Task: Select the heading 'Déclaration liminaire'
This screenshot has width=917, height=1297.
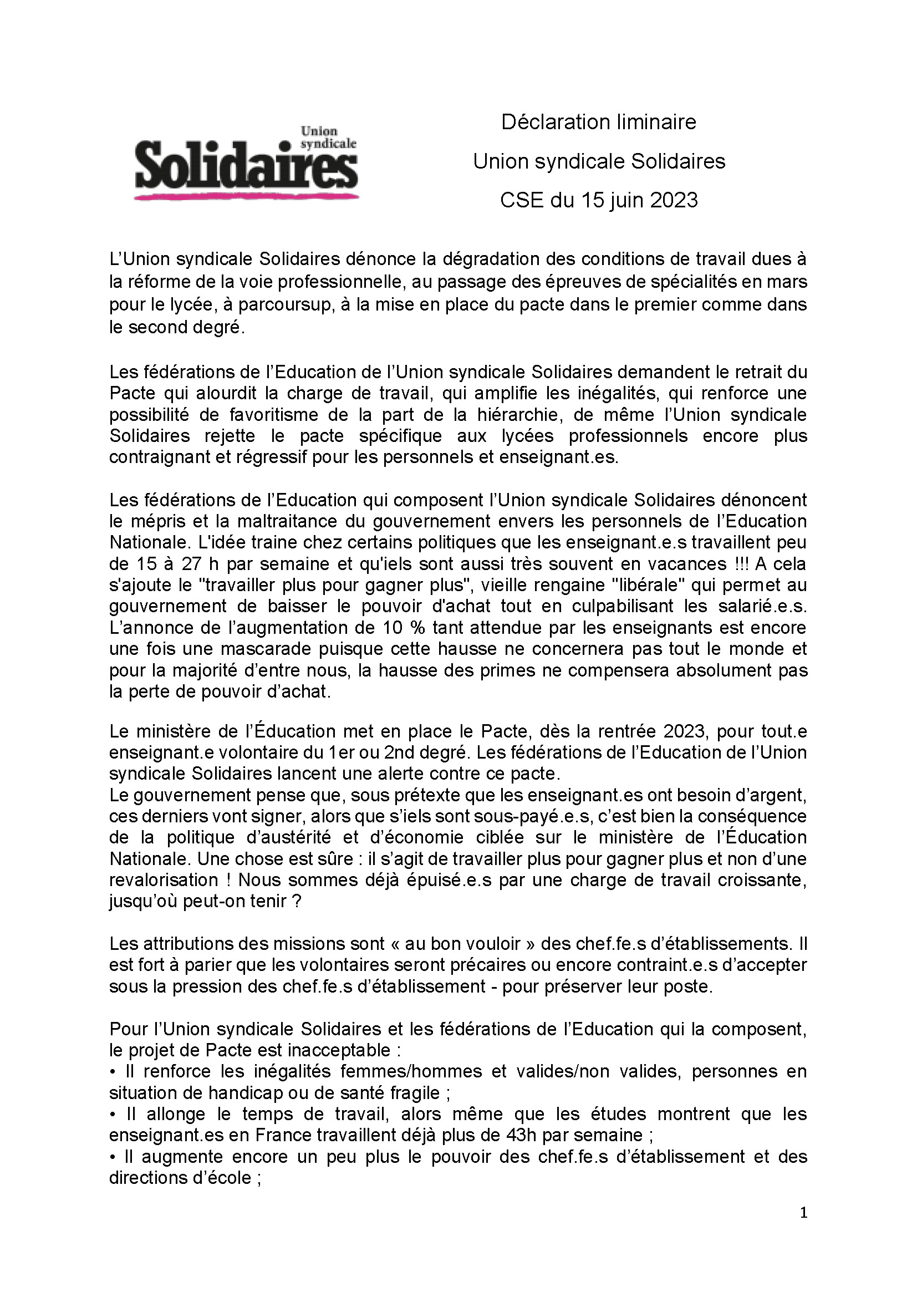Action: point(599,122)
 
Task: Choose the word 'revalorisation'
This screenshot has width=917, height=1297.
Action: point(164,880)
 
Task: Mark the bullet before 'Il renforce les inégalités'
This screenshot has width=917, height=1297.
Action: point(113,1072)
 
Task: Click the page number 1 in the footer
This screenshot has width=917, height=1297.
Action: point(804,1213)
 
